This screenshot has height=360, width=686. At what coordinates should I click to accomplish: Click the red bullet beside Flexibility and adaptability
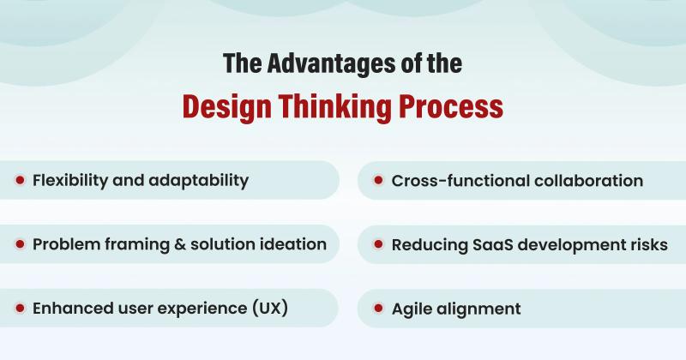(x=19, y=180)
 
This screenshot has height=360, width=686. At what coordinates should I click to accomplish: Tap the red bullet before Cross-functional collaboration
(x=378, y=181)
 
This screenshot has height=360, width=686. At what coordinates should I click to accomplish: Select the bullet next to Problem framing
(x=19, y=244)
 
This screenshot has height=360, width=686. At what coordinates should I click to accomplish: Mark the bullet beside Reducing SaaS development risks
(x=378, y=245)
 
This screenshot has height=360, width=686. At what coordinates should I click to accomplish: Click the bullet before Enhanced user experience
(x=19, y=308)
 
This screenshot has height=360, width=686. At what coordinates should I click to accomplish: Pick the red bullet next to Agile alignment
(x=378, y=309)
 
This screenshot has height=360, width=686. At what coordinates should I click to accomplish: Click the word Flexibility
(x=72, y=180)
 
